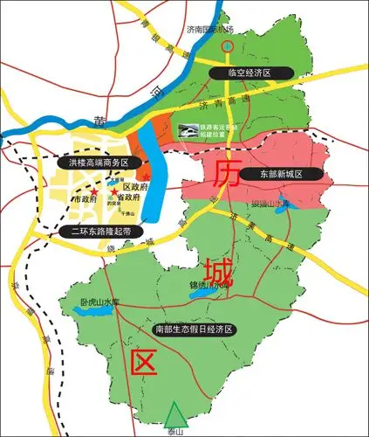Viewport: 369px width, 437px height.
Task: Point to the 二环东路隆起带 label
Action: pyautogui.click(x=102, y=232)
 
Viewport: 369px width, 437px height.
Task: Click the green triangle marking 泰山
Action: pyautogui.click(x=177, y=412)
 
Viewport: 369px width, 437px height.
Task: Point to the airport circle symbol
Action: pyautogui.click(x=229, y=45)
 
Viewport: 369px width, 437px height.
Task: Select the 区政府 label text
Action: pyautogui.click(x=133, y=187)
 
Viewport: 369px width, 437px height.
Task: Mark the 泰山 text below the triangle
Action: pyautogui.click(x=177, y=430)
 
